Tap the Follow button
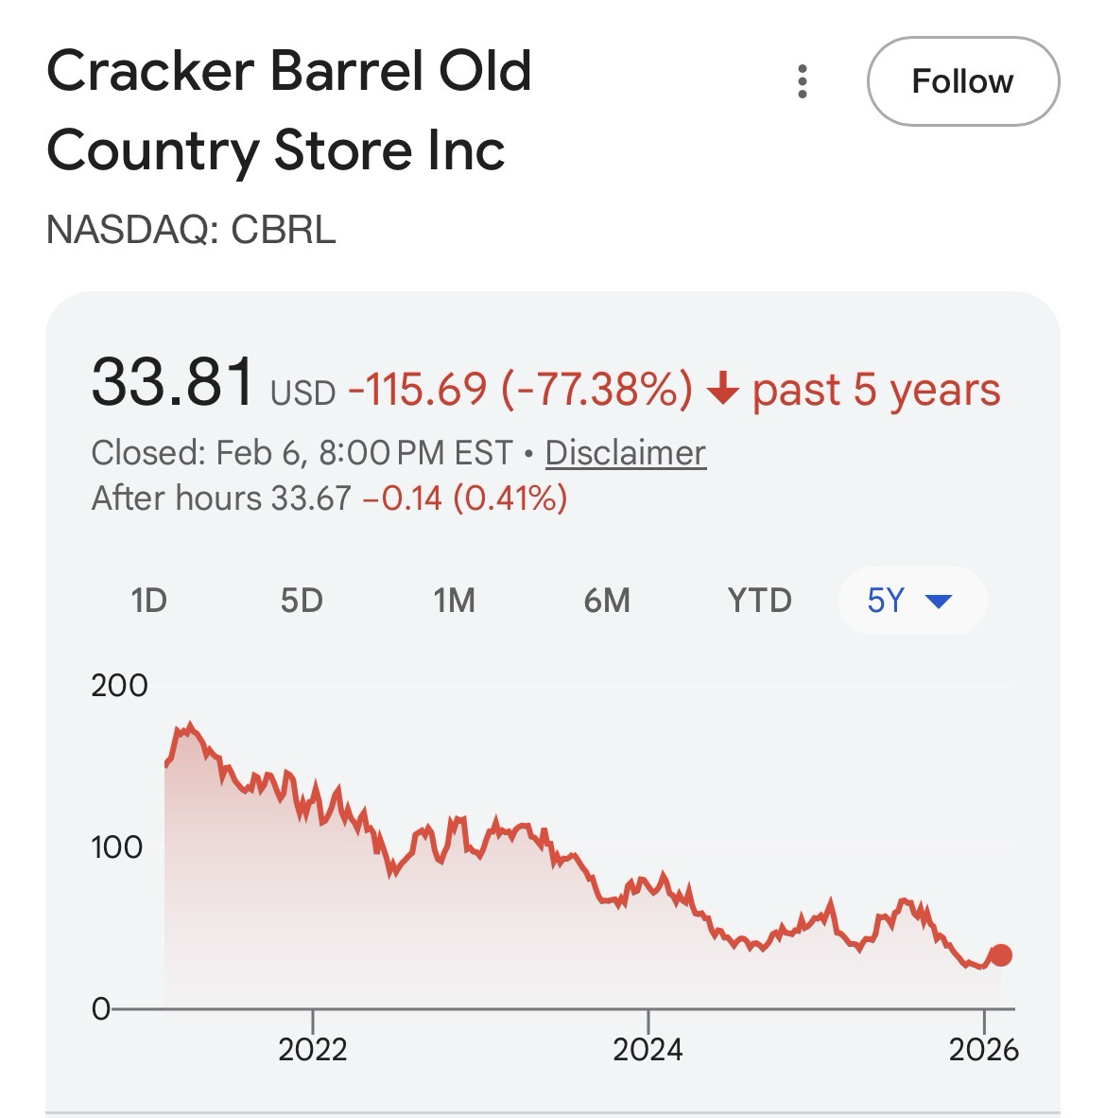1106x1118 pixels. (962, 81)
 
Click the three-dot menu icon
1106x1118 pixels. (803, 82)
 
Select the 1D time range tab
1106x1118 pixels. (148, 600)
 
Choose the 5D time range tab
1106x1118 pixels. (302, 600)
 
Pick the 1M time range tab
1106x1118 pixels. (454, 600)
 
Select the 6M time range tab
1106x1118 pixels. (607, 600)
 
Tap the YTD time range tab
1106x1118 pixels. (759, 600)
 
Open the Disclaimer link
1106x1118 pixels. (625, 452)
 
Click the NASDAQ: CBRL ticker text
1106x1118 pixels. (191, 230)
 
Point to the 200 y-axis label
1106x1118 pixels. (119, 685)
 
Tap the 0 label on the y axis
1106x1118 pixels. (100, 1009)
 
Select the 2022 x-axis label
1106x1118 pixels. (312, 1049)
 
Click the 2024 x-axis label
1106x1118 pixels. (648, 1049)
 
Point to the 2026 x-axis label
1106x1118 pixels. (984, 1049)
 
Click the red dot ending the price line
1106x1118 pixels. (1000, 955)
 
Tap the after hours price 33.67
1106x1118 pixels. (311, 498)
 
